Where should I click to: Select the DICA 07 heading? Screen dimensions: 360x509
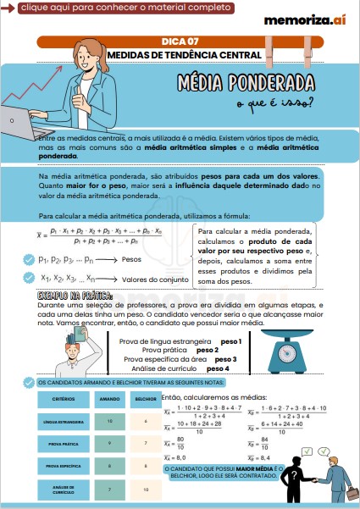180,41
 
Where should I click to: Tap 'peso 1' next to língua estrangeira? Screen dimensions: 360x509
231,341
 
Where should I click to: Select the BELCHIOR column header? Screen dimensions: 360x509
145,398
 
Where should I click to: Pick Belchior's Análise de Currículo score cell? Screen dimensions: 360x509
145,489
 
